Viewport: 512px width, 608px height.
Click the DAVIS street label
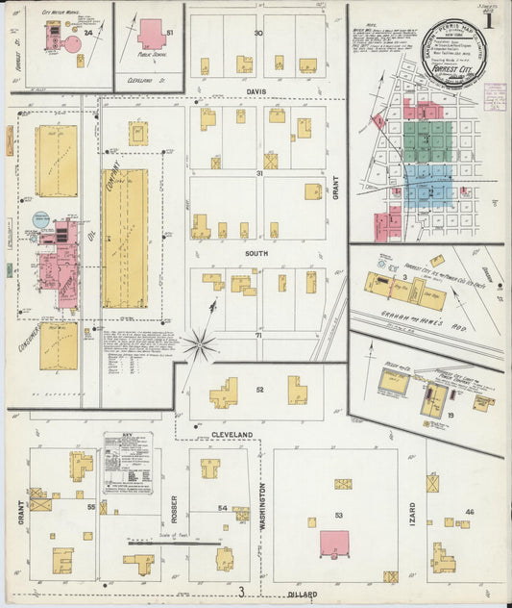click(256, 92)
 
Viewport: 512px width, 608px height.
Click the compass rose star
click(200, 342)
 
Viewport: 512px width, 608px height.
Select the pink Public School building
click(151, 34)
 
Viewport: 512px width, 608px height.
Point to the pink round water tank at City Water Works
click(72, 43)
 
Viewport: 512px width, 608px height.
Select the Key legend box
click(128, 463)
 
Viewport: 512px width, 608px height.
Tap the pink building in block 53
click(334, 543)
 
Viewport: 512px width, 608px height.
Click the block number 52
click(259, 390)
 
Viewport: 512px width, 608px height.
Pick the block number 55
click(91, 506)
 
